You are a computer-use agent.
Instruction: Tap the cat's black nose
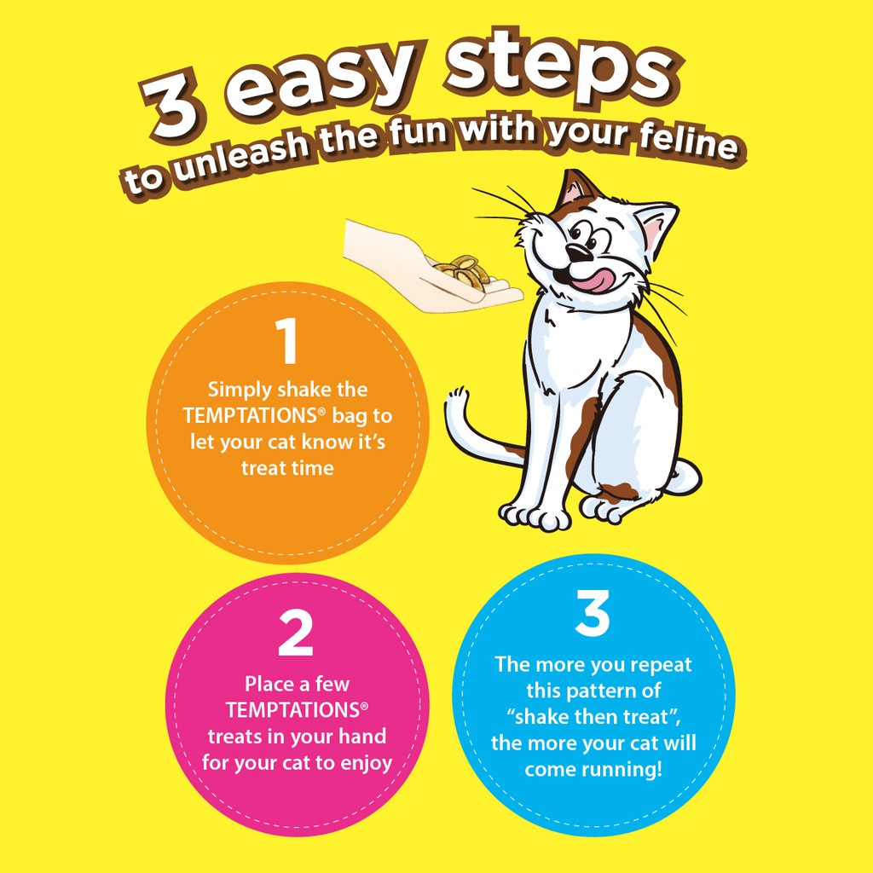[580, 252]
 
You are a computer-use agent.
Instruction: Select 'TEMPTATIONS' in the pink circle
[293, 710]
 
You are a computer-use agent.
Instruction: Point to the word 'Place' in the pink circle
[269, 684]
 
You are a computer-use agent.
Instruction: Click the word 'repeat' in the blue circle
[661, 665]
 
